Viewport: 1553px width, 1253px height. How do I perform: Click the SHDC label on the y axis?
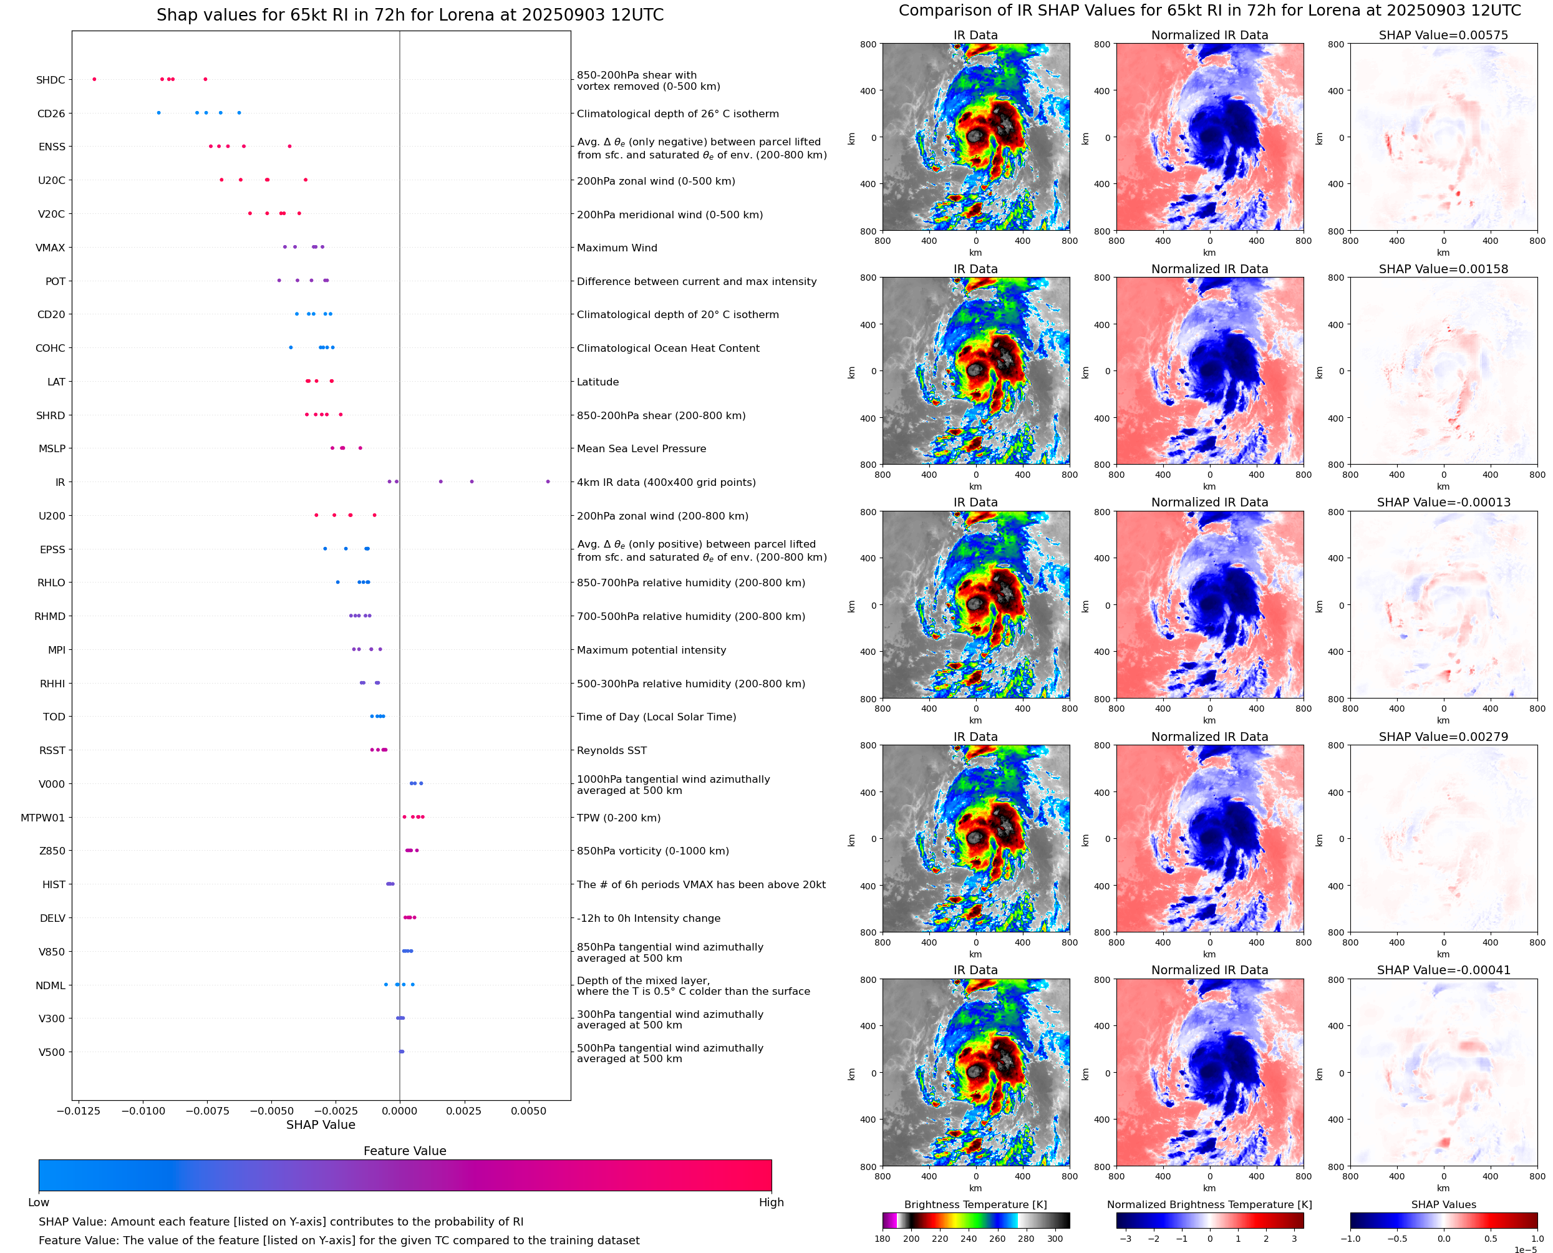tap(51, 80)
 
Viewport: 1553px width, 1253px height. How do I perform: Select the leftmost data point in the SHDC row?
tap(95, 79)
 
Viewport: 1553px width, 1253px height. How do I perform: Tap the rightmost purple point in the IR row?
tap(548, 481)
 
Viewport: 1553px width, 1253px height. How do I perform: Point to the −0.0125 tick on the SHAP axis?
tap(78, 1111)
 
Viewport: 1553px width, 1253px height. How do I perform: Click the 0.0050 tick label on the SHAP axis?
tap(528, 1111)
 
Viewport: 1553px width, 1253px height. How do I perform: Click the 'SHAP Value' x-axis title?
tap(321, 1125)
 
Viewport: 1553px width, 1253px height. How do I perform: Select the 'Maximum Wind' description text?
tap(617, 248)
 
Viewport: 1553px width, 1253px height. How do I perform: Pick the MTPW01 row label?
tap(42, 818)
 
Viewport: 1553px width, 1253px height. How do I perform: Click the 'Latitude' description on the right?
tap(597, 382)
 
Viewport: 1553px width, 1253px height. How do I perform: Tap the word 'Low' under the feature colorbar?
tap(39, 1202)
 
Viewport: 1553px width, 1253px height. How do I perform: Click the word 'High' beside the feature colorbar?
tap(771, 1202)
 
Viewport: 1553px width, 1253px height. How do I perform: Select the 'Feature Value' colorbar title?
tap(405, 1151)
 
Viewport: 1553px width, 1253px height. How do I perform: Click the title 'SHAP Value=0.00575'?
tap(1443, 35)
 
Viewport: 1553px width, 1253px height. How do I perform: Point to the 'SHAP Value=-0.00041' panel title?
tap(1443, 970)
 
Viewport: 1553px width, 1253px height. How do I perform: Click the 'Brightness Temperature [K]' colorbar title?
tap(975, 1204)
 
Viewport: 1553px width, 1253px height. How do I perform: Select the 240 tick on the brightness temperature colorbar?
tap(969, 1239)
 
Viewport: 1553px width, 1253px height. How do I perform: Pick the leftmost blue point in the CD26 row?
tap(159, 113)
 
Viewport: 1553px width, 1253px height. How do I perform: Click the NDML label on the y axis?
tap(51, 986)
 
